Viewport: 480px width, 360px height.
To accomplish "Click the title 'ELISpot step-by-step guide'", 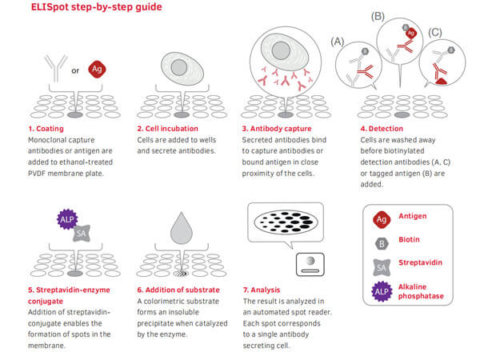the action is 97,6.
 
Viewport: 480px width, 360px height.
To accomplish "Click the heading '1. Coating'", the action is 46,129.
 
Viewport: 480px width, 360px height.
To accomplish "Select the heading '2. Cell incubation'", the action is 167,129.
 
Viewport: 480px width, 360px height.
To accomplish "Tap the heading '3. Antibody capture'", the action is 277,129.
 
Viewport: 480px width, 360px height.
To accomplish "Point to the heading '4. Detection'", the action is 382,129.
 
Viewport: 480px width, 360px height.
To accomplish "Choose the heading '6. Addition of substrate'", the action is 178,290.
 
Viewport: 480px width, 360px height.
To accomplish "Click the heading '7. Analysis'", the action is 262,290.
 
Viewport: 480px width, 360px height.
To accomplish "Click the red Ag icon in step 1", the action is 97,69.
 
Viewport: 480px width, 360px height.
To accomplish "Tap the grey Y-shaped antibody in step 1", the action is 56,68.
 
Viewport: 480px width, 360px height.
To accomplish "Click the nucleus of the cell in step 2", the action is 179,67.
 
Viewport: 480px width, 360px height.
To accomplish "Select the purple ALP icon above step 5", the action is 67,219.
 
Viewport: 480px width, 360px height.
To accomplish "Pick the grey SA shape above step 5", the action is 82,234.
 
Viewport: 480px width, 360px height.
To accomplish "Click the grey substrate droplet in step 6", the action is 182,229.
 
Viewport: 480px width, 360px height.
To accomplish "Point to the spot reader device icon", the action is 310,264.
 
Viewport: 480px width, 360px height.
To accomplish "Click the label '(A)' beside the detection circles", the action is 338,42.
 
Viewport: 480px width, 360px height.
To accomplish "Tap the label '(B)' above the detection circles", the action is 378,16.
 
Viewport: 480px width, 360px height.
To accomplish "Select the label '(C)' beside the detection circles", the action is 435,32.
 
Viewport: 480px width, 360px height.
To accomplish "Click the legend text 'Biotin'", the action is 409,239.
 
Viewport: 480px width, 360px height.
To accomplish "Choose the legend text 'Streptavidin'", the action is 420,262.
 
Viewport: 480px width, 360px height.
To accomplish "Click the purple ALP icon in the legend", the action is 382,291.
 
